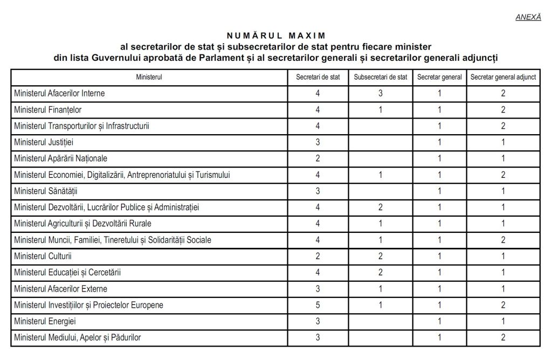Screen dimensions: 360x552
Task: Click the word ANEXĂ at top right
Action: coord(528,17)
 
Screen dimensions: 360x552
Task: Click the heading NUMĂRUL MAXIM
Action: coord(276,36)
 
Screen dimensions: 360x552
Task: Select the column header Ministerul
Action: coord(149,77)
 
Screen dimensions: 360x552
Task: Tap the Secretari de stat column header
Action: coord(318,77)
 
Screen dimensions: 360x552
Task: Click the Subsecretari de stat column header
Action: coord(381,77)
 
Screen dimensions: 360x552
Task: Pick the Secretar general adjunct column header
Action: coord(503,77)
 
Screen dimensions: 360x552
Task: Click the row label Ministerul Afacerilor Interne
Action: coord(59,93)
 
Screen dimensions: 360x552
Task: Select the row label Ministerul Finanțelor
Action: coord(48,110)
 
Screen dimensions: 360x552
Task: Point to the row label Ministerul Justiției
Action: coord(44,142)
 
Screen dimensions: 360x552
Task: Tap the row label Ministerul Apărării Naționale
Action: coord(60,158)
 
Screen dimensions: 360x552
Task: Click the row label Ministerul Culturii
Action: coord(43,256)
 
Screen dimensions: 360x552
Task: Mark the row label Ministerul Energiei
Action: coord(45,321)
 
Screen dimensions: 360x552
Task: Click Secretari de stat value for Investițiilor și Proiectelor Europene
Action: coord(318,305)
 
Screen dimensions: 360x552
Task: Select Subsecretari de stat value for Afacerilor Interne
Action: coord(381,93)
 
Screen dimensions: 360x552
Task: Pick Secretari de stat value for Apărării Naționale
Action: coord(318,158)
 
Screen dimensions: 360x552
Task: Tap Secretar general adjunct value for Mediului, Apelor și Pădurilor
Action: coord(503,337)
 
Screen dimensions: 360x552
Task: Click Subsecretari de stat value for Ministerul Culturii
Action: coord(381,256)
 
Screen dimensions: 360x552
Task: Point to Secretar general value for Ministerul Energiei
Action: coord(439,321)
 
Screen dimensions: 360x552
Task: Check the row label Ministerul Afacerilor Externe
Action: coord(61,288)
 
